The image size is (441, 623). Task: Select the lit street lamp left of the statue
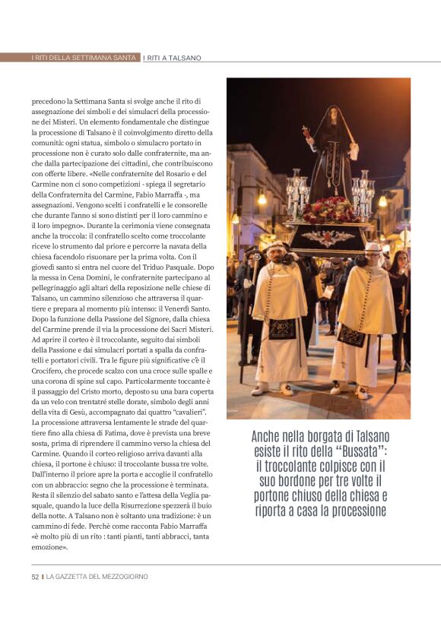pyautogui.click(x=262, y=199)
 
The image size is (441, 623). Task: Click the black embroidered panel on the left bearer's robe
pyautogui.click(x=282, y=327)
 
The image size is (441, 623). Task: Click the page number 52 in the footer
pyautogui.click(x=35, y=577)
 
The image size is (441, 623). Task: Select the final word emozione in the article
pyautogui.click(x=49, y=546)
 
